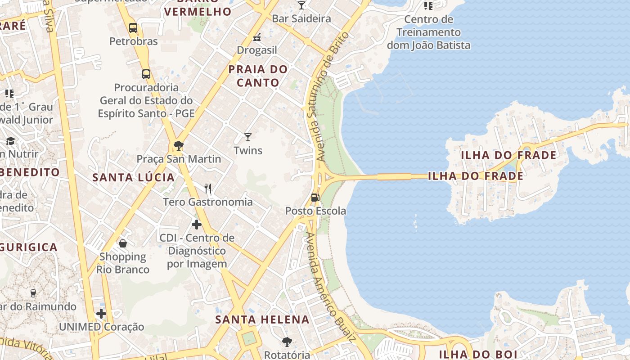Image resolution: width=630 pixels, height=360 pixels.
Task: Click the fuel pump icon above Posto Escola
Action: click(315, 197)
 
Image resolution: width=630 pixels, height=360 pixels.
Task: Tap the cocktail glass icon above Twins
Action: click(248, 137)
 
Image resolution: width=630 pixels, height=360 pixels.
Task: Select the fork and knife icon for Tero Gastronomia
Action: click(207, 188)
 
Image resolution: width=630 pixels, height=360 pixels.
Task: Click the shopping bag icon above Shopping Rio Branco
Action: click(122, 243)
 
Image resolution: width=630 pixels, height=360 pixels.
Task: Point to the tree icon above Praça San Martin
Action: click(179, 145)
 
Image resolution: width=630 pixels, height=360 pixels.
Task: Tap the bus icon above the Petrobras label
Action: click(133, 28)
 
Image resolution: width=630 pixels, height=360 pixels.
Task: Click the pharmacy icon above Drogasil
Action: click(257, 37)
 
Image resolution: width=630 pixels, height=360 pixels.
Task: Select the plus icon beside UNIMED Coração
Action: click(101, 313)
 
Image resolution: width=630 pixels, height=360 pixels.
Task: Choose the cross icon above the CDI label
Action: click(196, 224)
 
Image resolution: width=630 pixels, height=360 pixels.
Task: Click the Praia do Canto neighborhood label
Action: click(258, 76)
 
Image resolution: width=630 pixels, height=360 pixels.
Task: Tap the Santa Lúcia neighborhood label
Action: click(133, 177)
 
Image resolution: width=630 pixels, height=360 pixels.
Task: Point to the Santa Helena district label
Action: click(262, 320)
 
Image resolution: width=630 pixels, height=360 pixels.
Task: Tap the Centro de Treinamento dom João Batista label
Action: click(428, 32)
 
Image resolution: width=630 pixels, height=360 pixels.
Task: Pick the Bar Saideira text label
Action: click(301, 18)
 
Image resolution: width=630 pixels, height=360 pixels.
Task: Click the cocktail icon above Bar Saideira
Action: click(301, 5)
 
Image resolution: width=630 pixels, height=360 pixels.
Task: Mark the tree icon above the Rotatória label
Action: click(287, 342)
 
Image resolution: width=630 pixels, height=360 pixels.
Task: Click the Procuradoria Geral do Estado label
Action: click(146, 100)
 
